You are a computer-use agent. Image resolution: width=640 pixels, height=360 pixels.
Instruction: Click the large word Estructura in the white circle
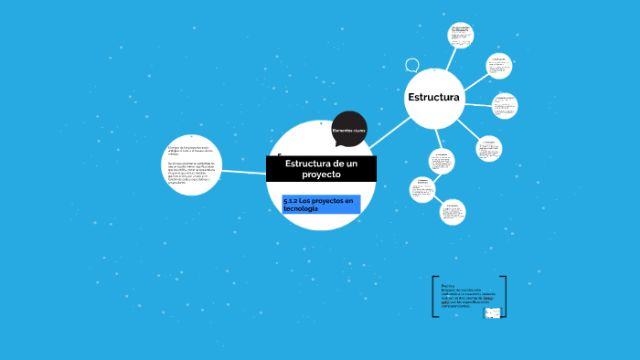point(434,97)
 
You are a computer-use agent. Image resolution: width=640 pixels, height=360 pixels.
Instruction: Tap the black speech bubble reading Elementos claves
point(348,130)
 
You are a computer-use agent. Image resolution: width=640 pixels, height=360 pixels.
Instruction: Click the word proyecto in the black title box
point(320,174)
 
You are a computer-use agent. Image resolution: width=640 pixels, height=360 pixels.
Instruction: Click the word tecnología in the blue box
point(301,209)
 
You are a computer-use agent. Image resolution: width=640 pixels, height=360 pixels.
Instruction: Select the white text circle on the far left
point(192,164)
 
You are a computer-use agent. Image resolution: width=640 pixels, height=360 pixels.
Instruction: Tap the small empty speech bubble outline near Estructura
point(411,65)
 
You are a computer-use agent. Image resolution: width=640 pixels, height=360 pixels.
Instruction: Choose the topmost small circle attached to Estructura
point(461,35)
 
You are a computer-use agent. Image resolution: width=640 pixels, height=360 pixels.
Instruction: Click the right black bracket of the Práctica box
point(504,297)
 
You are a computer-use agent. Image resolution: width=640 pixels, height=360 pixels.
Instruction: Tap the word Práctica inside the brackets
point(448,285)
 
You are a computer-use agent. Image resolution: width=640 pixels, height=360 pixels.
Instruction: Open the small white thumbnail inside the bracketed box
point(492,312)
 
